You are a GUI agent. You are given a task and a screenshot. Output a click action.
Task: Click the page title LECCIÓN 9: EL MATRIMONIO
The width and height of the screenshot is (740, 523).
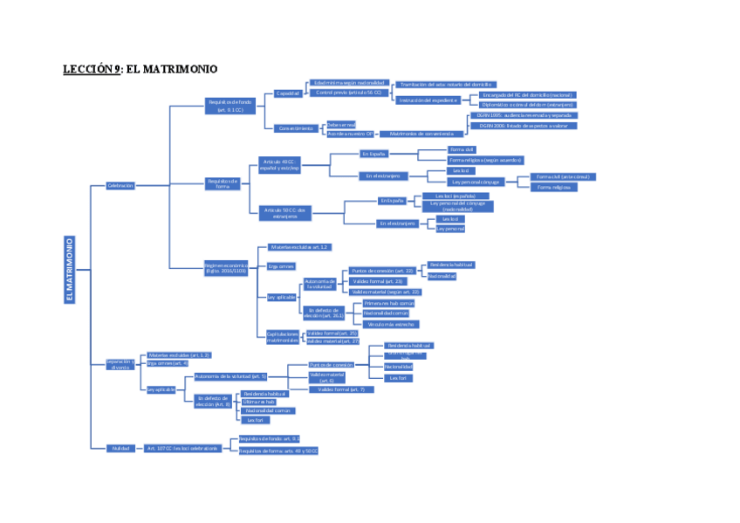tap(140, 69)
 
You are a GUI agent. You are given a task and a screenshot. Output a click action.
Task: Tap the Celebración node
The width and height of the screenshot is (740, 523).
tap(120, 185)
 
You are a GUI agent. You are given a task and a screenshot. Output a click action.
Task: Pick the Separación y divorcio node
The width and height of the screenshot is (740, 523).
tap(120, 364)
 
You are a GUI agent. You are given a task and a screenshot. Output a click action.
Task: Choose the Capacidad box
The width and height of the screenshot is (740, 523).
tap(288, 93)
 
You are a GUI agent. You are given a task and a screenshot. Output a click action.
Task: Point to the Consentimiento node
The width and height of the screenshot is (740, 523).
tap(296, 128)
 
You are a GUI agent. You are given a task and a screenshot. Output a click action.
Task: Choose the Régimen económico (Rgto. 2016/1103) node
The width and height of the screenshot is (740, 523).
tap(227, 267)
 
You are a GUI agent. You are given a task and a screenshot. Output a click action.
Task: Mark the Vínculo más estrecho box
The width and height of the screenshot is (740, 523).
tap(385, 323)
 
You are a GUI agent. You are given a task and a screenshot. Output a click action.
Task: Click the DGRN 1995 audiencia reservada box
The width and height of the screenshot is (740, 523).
tap(524, 115)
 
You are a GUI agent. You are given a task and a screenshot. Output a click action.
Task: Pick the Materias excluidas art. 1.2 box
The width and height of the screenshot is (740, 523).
tap(298, 247)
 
